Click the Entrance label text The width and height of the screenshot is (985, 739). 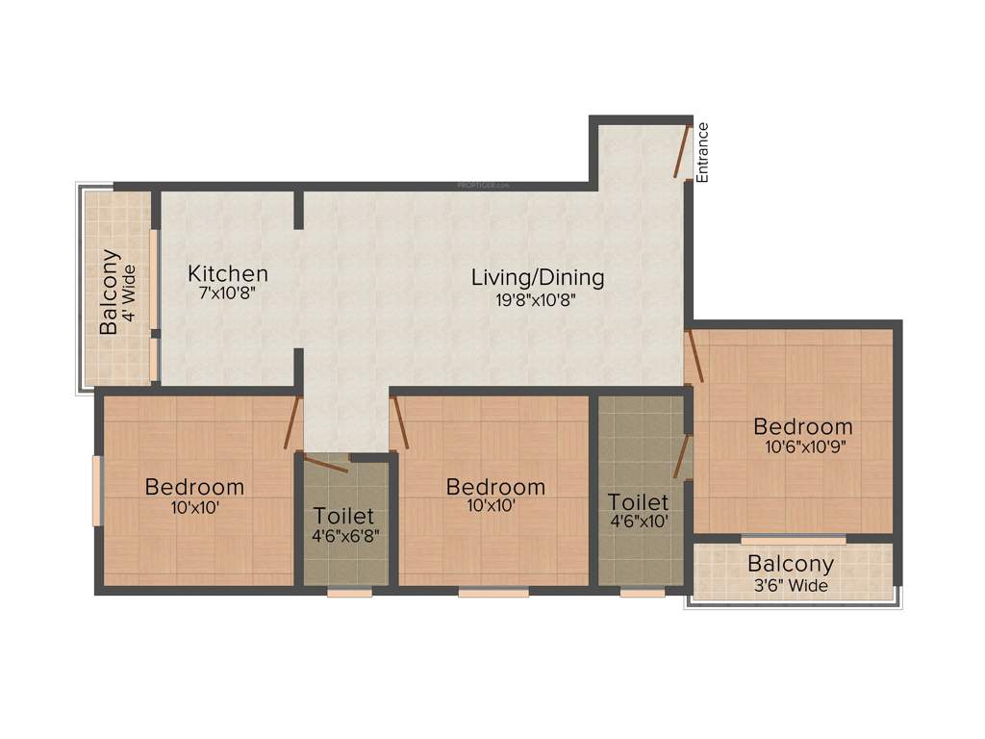coord(703,153)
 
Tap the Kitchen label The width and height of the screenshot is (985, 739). coord(228,273)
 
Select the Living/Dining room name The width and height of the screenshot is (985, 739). coord(538,278)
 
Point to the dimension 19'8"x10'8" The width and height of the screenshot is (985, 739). coord(537,299)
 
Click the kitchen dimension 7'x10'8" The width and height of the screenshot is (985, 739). coord(227,294)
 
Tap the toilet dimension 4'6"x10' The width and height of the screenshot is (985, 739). coord(639,522)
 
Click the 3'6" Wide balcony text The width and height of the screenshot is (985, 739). coord(790,585)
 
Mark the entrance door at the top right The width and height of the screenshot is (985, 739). coord(682,151)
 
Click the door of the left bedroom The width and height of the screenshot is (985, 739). coord(293,422)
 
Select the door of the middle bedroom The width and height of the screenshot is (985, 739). coord(399,422)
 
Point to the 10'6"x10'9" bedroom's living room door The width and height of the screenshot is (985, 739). coord(694,357)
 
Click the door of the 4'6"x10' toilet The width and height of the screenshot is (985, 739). coord(682,456)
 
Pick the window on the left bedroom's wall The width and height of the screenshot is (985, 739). coord(96,491)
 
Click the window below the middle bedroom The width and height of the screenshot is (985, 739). coord(492,593)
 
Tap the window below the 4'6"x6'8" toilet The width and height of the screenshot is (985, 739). coord(349,593)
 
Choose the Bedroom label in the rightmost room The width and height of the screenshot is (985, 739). coord(803,426)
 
